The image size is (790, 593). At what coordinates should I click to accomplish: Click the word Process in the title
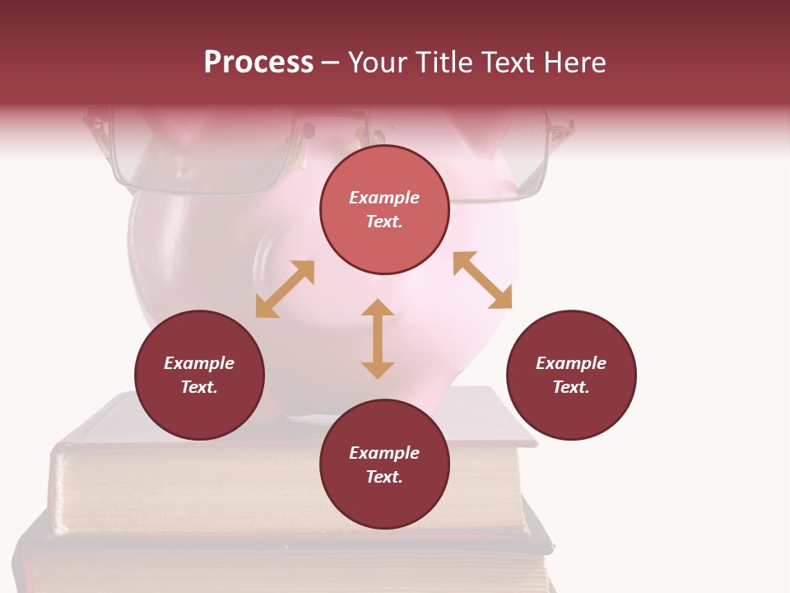(x=258, y=63)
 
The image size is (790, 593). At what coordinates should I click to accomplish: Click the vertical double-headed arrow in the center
(x=378, y=339)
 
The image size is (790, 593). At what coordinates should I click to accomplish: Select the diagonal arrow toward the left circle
(x=285, y=289)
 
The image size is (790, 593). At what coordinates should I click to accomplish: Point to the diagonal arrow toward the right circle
(x=482, y=280)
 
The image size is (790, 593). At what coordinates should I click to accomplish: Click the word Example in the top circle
(x=384, y=198)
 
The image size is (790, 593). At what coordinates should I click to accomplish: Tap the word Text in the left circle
(x=199, y=387)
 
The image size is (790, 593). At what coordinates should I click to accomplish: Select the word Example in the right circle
(x=571, y=363)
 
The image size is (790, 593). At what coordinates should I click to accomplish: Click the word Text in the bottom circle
(x=384, y=477)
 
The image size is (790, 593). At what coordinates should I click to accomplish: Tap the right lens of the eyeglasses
(x=502, y=165)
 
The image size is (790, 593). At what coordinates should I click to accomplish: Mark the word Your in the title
(x=377, y=63)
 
